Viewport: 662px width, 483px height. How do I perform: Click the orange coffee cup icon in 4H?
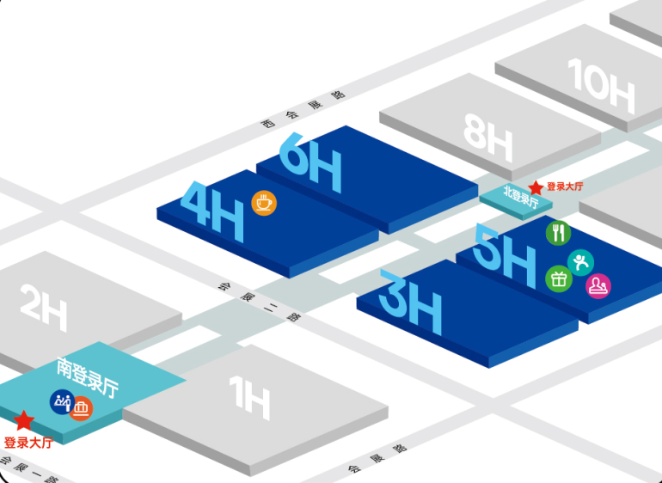tap(264, 202)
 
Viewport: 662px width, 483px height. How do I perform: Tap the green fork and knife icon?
tap(558, 232)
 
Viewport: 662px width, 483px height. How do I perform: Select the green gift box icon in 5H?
tap(559, 278)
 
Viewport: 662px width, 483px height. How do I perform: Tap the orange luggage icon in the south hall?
tap(82, 408)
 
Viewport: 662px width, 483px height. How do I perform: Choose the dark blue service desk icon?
tap(62, 401)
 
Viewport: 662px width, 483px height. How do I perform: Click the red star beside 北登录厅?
tap(536, 187)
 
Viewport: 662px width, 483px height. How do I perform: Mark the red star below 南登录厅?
tap(24, 420)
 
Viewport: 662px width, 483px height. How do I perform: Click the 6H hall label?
tap(310, 163)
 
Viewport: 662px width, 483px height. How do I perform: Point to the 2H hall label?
tap(43, 307)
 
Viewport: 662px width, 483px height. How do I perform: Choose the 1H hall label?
tap(249, 400)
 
